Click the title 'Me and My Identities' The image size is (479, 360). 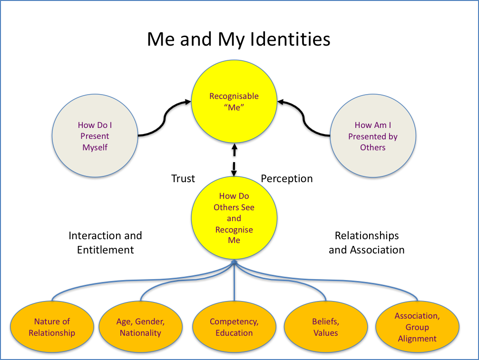point(238,39)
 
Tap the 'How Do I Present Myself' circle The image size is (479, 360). point(95,136)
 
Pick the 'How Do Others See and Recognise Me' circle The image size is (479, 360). point(234,218)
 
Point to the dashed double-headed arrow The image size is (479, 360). point(234,160)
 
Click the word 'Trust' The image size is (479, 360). point(183,179)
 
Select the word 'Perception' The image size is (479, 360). point(287,179)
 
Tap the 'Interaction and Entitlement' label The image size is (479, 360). point(105,243)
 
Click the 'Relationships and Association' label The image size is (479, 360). point(366,243)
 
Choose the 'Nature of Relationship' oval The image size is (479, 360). point(52,327)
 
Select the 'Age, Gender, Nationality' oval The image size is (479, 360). point(141,327)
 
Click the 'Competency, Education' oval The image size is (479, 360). point(234,327)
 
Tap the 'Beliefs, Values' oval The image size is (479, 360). point(326,327)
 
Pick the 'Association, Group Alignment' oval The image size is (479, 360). point(417,327)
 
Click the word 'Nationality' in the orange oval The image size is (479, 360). point(141,333)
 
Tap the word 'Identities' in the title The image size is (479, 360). point(293,39)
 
